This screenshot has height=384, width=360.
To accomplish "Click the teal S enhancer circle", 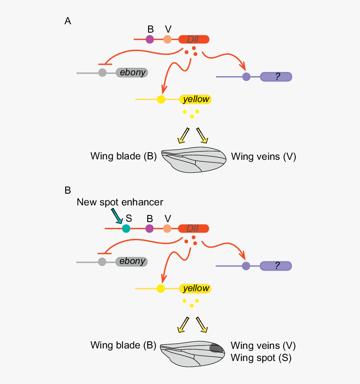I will coord(126,228).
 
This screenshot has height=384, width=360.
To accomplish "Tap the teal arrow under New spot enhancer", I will coord(116,217).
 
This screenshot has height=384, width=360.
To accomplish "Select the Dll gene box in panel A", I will coord(193,40).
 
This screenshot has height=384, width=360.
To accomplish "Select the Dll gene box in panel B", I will coord(193,228).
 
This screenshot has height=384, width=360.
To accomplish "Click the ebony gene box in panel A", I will coord(132,72).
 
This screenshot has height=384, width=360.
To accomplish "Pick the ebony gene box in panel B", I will coord(132,261).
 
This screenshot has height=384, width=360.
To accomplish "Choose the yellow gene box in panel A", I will coord(195,99).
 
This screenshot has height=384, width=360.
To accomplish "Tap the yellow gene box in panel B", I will coord(195,288).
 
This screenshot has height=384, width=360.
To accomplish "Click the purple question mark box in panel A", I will coord(276,77).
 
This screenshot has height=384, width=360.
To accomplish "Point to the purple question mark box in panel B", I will coord(276,266).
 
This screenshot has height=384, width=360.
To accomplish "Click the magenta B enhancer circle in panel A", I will coord(150,40).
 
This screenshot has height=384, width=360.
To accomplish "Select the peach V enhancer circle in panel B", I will coord(167,228).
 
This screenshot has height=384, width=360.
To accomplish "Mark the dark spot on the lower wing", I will coord(216,348).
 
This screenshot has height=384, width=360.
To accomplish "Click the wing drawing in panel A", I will coord(193,159).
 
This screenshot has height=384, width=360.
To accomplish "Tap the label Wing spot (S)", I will coord(261,358).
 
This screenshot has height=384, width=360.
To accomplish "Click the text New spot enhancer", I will coord(120,202).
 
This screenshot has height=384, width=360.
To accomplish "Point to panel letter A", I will coord(67,21).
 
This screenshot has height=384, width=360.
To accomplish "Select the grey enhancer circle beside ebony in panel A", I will coord(102,72).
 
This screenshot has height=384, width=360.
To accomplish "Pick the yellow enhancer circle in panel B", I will coord(160,288).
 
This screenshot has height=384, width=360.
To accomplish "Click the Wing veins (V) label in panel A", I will coord(263,157).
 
